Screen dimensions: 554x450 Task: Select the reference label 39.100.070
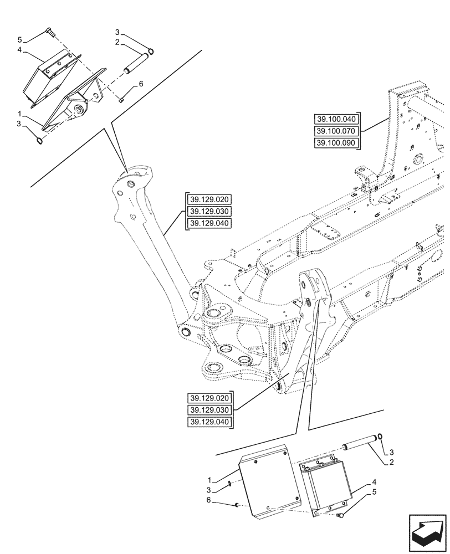(x=336, y=131)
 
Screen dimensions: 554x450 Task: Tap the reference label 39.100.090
(x=336, y=143)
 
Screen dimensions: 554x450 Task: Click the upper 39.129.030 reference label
(x=210, y=212)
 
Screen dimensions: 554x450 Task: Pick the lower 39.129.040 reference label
(x=211, y=423)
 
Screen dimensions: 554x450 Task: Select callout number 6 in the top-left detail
(x=141, y=84)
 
